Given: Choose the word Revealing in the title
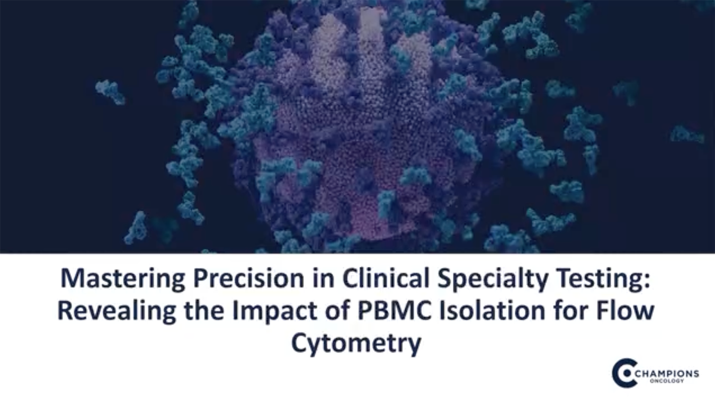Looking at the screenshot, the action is [x=116, y=311].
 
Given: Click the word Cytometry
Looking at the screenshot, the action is [x=356, y=343].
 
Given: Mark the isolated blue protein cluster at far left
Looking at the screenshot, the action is [x=111, y=92].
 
